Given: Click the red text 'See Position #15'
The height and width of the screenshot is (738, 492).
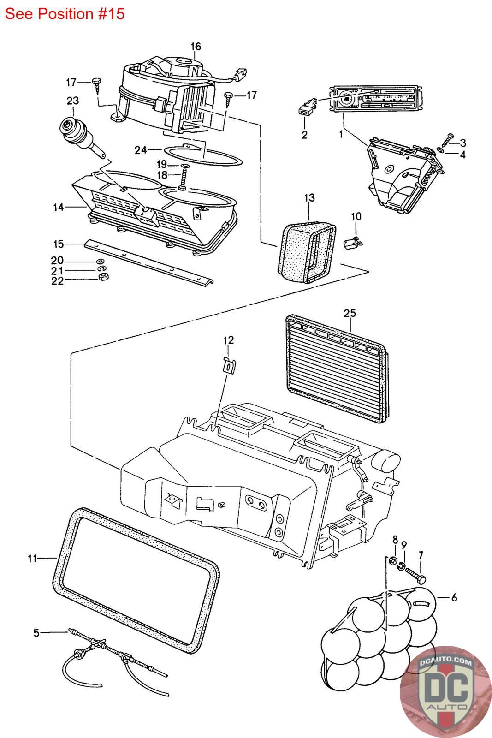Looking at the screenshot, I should pyautogui.click(x=65, y=14).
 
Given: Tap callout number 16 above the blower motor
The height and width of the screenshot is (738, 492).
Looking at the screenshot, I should pyautogui.click(x=196, y=47).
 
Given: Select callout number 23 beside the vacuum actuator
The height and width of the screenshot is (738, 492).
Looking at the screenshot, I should pyautogui.click(x=73, y=101).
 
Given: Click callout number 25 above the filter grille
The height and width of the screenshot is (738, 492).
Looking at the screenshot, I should pyautogui.click(x=350, y=313).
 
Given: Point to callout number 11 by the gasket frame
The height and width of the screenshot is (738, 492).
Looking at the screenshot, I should pyautogui.click(x=32, y=559).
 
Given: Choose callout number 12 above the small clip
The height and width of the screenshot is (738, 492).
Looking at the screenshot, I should pyautogui.click(x=229, y=340).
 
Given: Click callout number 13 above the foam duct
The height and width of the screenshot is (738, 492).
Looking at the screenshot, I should pyautogui.click(x=309, y=198).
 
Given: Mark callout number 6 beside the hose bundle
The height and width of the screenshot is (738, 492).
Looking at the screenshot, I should pyautogui.click(x=454, y=598).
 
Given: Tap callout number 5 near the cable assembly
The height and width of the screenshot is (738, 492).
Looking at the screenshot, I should pyautogui.click(x=36, y=633).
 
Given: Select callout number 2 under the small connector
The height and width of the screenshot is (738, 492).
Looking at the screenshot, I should pyautogui.click(x=304, y=135).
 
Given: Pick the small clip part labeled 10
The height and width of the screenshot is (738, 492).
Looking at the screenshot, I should pyautogui.click(x=353, y=242).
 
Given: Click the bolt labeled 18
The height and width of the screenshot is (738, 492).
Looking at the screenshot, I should pyautogui.click(x=183, y=181).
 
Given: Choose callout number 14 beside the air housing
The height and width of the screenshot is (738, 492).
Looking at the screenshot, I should pyautogui.click(x=58, y=207).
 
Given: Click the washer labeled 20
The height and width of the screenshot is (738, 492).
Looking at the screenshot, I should pyautogui.click(x=101, y=262).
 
